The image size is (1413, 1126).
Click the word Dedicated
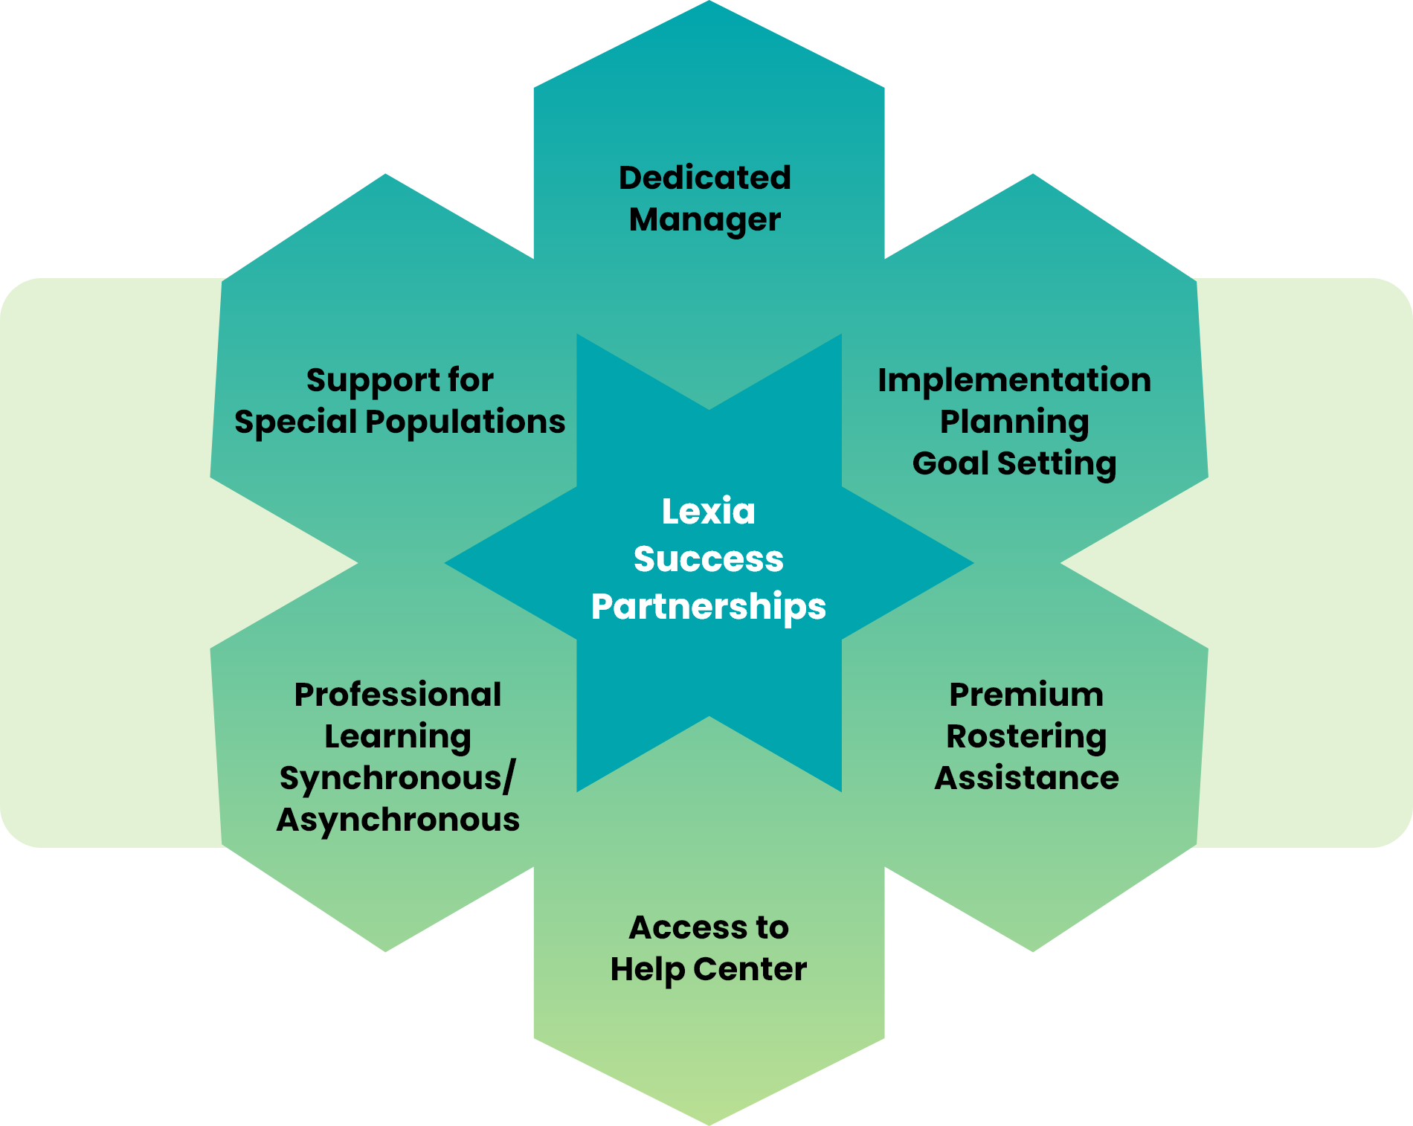[704, 178]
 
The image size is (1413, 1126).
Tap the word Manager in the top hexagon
[704, 220]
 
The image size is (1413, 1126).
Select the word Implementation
[1014, 380]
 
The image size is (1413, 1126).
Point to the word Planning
[1014, 422]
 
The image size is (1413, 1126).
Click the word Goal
[950, 463]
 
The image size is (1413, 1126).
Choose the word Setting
[1056, 464]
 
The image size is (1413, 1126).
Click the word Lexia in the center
[708, 512]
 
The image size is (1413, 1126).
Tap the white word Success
[708, 559]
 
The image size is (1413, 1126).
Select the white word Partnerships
[708, 607]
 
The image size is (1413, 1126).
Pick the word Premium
[1026, 695]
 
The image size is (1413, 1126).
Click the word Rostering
[1026, 737]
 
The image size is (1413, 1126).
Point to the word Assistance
[1026, 778]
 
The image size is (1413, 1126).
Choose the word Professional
[398, 695]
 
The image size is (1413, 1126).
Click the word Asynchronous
[398, 820]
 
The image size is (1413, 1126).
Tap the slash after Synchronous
[509, 778]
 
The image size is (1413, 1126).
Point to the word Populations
[466, 422]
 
